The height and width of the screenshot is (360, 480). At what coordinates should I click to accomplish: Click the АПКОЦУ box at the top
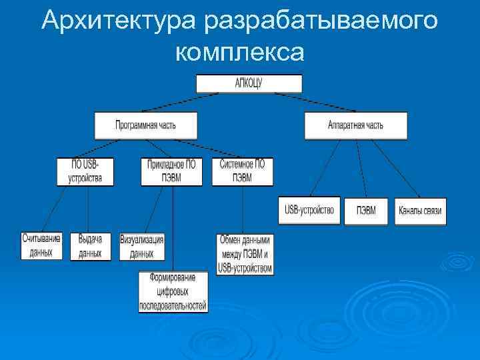(x=249, y=83)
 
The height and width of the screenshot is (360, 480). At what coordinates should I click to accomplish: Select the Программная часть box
(x=146, y=125)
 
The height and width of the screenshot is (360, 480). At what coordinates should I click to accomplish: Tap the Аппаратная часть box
(x=355, y=125)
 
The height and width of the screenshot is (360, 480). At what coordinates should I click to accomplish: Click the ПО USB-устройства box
(x=85, y=171)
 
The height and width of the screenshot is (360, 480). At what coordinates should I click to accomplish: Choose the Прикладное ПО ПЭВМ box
(x=172, y=171)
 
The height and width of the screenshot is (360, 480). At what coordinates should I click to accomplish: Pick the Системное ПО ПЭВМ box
(x=241, y=171)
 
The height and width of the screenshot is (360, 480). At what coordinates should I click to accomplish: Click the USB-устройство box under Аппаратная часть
(x=309, y=211)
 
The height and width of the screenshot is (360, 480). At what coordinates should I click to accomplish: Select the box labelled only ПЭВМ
(x=366, y=211)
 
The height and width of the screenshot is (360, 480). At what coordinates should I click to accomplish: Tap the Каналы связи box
(x=420, y=211)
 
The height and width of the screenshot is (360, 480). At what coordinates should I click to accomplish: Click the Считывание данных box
(x=41, y=245)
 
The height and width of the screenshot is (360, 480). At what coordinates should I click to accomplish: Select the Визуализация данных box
(x=142, y=245)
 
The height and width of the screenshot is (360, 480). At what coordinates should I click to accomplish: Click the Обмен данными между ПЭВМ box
(x=245, y=254)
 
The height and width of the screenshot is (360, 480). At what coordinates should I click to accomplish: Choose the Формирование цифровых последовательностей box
(x=173, y=292)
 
